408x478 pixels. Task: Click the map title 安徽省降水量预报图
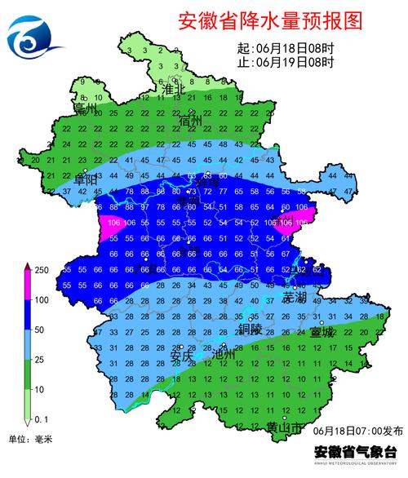point(268,22)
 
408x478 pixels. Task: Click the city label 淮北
point(175,88)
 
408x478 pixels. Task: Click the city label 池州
point(222,356)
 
